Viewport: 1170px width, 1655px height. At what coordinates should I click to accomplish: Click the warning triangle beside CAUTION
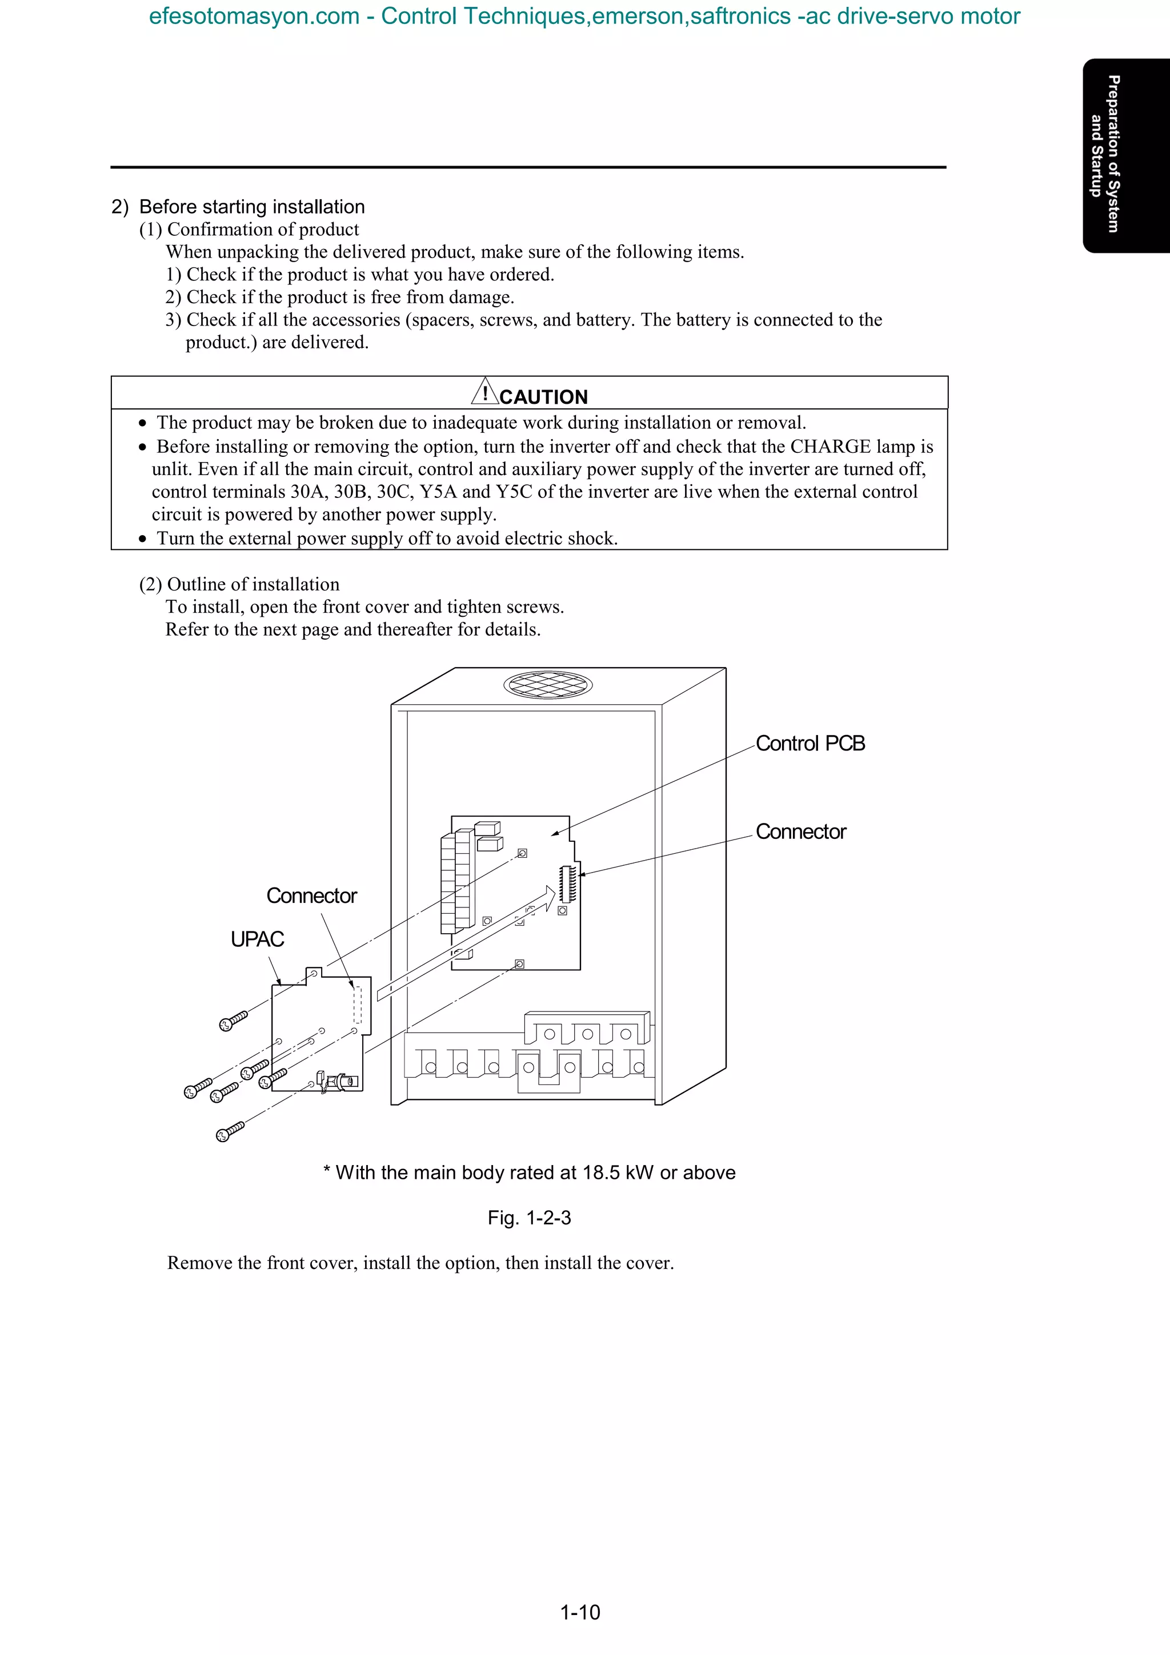[x=485, y=392]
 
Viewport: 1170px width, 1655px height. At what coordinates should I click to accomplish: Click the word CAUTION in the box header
[x=543, y=397]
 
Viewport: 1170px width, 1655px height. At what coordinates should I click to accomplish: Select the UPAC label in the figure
[x=257, y=939]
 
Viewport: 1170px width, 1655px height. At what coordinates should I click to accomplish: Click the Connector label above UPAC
[x=311, y=896]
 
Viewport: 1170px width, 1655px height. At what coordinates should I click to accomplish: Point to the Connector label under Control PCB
[x=800, y=832]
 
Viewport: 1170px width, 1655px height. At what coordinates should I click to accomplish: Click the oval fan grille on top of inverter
[x=548, y=684]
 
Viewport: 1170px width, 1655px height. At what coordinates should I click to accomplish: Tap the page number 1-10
[x=580, y=1612]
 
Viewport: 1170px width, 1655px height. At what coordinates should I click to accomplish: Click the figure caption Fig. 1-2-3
[x=529, y=1218]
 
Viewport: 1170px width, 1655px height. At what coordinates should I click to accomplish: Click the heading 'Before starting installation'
[x=251, y=207]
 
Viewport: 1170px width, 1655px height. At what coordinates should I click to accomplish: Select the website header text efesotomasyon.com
[x=254, y=16]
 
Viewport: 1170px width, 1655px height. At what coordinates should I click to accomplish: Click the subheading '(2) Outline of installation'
[x=239, y=585]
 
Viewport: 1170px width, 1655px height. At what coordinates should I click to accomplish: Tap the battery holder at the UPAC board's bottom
[x=340, y=1081]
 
